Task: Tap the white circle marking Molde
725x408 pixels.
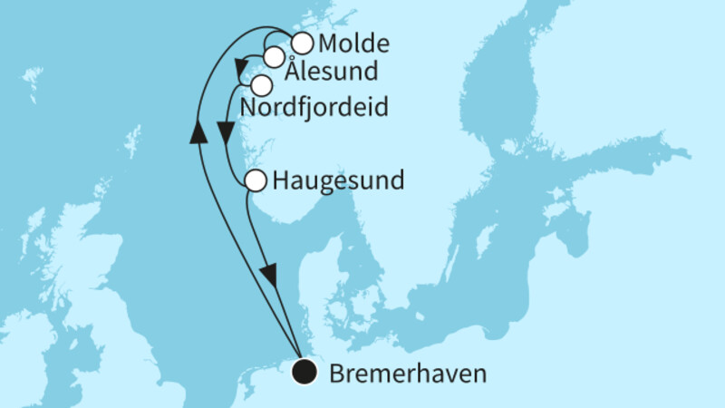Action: click(302, 43)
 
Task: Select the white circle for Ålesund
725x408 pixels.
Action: click(274, 57)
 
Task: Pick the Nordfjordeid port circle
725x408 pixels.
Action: click(262, 86)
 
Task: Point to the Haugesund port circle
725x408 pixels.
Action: click(256, 180)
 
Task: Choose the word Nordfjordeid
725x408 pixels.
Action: click(314, 109)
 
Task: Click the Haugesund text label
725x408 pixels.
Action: click(338, 181)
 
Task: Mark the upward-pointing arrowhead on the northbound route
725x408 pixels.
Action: click(196, 134)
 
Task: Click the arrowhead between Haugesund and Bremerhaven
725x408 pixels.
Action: click(267, 273)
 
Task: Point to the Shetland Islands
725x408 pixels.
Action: click(132, 141)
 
